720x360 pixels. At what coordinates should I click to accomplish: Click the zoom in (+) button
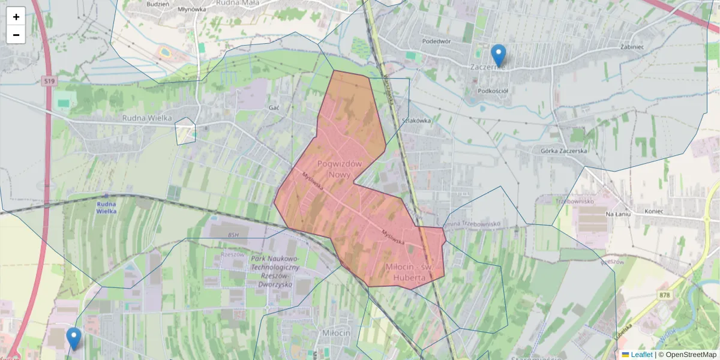(x=16, y=16)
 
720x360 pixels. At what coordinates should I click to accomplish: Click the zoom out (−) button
(x=16, y=35)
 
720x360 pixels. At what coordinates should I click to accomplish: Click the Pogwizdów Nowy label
(x=339, y=169)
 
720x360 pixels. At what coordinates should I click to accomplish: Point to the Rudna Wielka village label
(x=147, y=118)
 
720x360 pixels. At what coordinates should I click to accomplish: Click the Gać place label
(x=275, y=107)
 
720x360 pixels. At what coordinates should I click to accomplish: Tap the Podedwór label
(x=436, y=41)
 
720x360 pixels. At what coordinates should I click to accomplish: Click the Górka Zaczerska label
(x=563, y=151)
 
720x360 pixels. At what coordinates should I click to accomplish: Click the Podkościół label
(x=493, y=91)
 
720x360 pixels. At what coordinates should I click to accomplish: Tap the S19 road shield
(x=49, y=81)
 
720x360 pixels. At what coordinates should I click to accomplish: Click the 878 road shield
(x=664, y=295)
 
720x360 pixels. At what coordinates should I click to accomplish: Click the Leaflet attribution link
(x=641, y=355)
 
